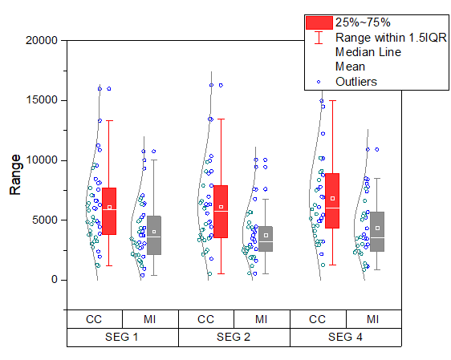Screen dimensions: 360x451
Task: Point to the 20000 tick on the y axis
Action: tap(40, 40)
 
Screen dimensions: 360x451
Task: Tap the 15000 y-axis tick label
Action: tap(40, 100)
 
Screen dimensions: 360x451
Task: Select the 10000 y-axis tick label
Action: tap(40, 160)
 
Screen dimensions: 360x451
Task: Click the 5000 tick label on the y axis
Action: tap(43, 220)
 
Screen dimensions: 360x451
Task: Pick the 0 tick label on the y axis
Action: tap(55, 280)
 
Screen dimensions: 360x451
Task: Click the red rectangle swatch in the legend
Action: tap(319, 22)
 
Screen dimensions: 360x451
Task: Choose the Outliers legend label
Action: tap(356, 81)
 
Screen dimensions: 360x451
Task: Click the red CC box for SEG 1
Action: tap(109, 211)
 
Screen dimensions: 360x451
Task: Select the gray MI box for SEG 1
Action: tap(154, 235)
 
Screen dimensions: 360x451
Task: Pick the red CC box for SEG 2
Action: tap(221, 212)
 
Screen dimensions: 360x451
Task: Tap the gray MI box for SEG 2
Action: tap(266, 239)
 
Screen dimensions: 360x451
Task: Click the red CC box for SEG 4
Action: tap(332, 200)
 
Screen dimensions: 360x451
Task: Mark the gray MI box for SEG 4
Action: tap(377, 232)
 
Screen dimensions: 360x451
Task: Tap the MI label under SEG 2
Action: tap(262, 319)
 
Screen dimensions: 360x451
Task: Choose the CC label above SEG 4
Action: tap(317, 319)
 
